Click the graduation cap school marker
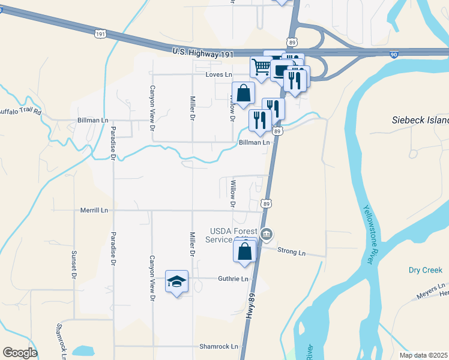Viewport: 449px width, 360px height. coord(177,281)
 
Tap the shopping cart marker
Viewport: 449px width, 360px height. coord(261,67)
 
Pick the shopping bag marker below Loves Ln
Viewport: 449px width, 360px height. coord(243,94)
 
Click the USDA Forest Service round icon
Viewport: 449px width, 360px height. coord(267,233)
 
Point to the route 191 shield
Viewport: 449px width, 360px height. coord(100,34)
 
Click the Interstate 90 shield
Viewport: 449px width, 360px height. coord(393,55)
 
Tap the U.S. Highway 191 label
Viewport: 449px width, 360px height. coord(202,53)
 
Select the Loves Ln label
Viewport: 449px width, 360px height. coord(218,74)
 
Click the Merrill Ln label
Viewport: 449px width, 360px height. coord(93,211)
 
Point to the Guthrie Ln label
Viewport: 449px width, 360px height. coord(233,279)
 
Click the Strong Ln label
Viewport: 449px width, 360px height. coord(292,253)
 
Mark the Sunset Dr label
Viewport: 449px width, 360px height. coord(74,265)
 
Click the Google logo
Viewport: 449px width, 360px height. coord(20,353)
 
